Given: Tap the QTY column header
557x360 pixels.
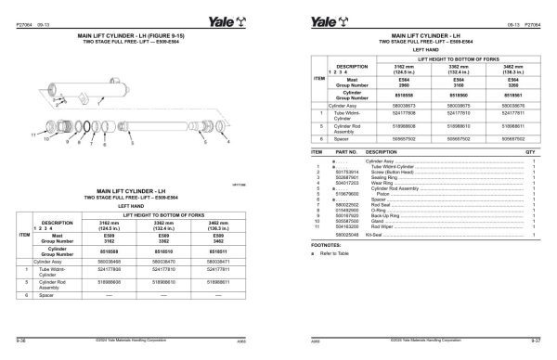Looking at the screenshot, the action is pyautogui.click(x=531, y=150).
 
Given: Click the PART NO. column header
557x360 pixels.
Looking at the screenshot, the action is pyautogui.click(x=345, y=150).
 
